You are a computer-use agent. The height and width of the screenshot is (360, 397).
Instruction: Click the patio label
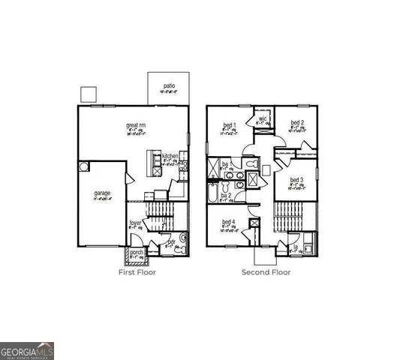[170, 86]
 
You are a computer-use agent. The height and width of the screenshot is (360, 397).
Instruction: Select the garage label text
[102, 193]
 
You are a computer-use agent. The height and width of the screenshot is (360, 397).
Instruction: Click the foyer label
[135, 223]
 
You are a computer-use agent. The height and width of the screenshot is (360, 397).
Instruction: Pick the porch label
[137, 252]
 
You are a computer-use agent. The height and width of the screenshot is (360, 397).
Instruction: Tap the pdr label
[170, 241]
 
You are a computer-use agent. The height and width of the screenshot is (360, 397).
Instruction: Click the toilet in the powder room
[182, 239]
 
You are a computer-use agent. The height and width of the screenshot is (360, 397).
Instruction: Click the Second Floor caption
[266, 272]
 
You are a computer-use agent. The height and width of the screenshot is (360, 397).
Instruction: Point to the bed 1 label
[229, 124]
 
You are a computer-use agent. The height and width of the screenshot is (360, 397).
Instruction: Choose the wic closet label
[263, 118]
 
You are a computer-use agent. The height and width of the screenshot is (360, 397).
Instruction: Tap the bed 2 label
[297, 123]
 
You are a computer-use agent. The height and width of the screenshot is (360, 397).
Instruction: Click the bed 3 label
[296, 180]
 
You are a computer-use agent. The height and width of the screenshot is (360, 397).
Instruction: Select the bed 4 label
[227, 221]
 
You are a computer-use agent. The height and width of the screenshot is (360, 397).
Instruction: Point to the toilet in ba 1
[251, 162]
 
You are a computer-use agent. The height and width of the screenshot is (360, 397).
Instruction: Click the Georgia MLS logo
[27, 350]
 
